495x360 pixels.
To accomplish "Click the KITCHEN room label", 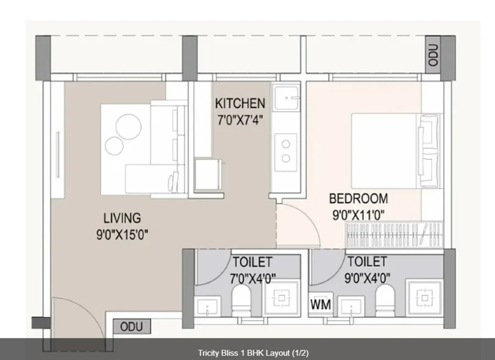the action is [240, 103].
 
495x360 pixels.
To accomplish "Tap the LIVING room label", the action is [122, 218].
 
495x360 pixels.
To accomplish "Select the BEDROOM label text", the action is [358, 199].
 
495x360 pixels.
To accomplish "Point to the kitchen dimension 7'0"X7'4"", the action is [240, 120].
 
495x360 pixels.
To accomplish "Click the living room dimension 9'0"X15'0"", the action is [122, 234].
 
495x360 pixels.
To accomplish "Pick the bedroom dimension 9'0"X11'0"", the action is [358, 215].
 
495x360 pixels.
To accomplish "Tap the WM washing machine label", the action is [321, 304].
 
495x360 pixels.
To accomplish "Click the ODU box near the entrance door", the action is [131, 326].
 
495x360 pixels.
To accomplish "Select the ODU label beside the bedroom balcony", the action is [433, 54].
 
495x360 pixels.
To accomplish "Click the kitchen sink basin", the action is [286, 97].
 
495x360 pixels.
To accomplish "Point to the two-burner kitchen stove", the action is [285, 152].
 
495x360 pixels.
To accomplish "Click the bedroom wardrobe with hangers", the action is [394, 234].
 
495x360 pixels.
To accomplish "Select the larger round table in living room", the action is [129, 127].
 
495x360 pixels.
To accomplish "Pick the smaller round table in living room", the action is [114, 146].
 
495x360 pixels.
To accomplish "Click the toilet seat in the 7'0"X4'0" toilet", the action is [241, 300].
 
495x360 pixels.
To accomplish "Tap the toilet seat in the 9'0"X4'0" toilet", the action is [385, 300].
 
